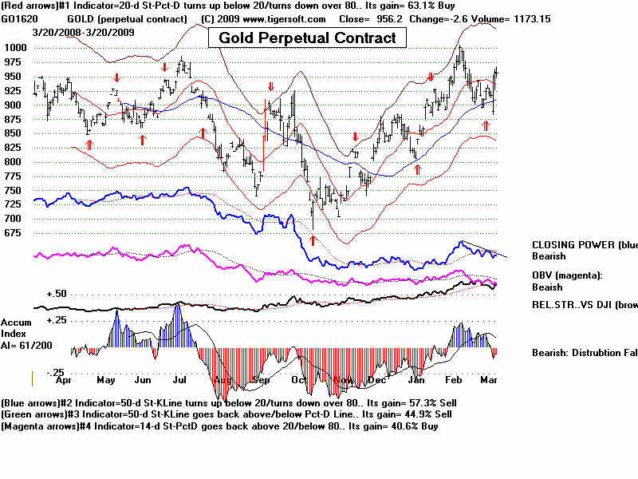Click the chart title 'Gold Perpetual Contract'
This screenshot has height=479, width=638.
307,38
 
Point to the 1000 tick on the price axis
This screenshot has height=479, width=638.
15,47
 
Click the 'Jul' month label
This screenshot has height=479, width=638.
180,381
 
